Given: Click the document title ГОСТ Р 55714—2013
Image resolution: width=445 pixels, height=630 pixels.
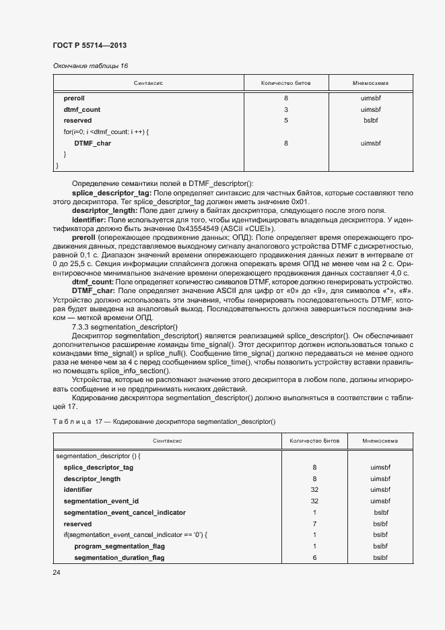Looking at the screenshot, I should pos(90,44).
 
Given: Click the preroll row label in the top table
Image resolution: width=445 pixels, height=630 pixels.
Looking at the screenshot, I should pos(74,98).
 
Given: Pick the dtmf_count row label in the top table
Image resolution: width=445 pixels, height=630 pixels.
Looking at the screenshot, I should pos(81,109).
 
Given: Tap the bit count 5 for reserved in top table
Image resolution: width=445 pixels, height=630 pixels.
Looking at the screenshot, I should pos(285,121).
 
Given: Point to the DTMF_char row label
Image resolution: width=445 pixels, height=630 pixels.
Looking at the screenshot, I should pos(92,144).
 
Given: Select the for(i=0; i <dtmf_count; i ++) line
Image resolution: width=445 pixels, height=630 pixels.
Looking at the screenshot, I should pos(101,132).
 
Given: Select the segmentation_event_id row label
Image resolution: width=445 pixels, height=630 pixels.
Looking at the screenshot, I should pos(101,501).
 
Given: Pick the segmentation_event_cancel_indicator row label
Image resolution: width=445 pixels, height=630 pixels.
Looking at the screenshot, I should pos(125,512).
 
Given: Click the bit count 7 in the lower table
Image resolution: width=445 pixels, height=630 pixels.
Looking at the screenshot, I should pos(314,524).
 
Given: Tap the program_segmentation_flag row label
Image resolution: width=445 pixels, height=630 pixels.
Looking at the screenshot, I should pos(119,546).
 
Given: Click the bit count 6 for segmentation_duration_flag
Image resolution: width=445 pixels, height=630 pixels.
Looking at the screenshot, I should pos(314,558).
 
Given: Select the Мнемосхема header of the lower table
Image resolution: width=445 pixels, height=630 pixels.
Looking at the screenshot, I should pos(380,441).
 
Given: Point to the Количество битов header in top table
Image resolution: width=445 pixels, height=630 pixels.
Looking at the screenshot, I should pos(285,84).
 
